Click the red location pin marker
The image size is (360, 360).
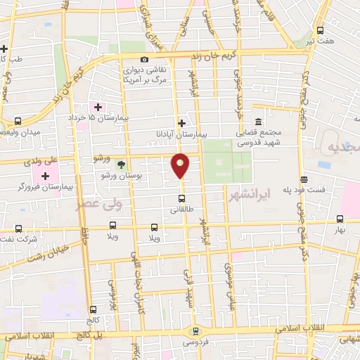click(x=181, y=165)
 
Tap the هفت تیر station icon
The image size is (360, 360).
click(x=321, y=30)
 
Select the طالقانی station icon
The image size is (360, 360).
click(x=181, y=197)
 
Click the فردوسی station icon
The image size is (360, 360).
click(x=196, y=331)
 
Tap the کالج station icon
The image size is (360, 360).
click(x=94, y=309)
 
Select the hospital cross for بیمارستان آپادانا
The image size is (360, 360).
click(x=181, y=122)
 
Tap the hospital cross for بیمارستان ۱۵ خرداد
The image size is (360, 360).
click(x=98, y=107)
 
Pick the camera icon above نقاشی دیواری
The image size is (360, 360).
click(x=144, y=59)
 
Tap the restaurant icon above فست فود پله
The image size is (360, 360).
click(x=303, y=179)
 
